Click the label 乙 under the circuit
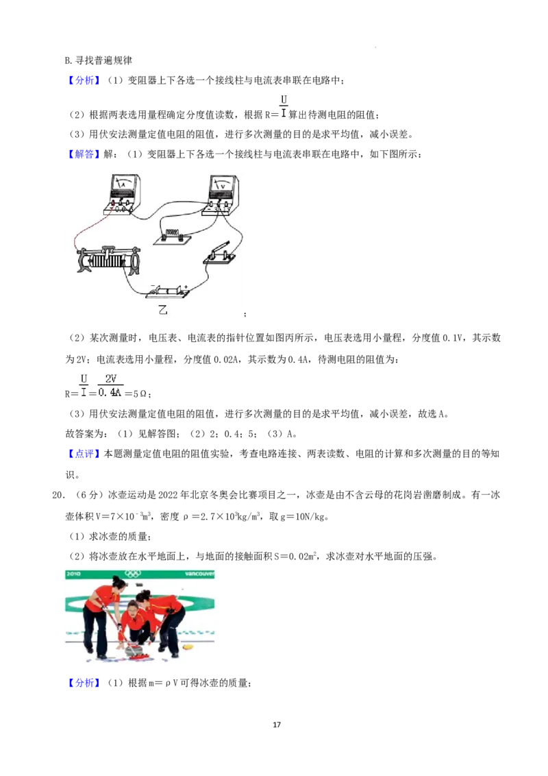163,310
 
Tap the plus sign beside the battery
186,286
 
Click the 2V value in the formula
111,378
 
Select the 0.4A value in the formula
110,393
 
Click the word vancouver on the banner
199,573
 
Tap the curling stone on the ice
134,648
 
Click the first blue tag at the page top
84,80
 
